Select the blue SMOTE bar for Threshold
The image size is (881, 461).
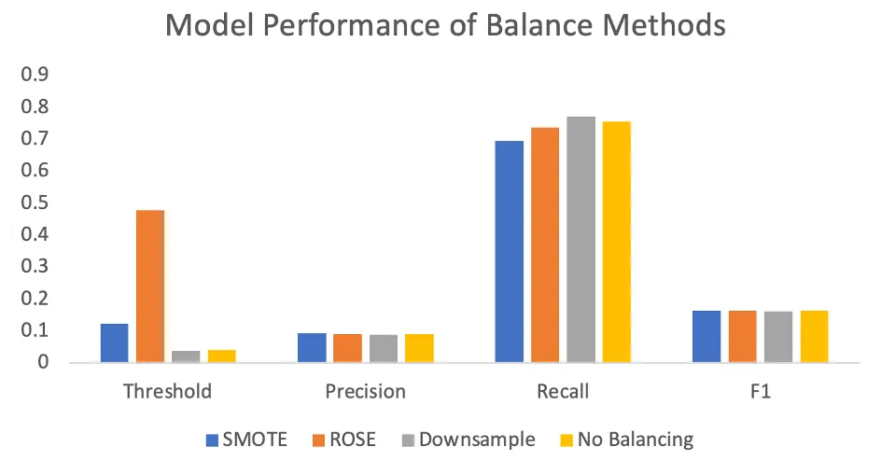[x=114, y=342]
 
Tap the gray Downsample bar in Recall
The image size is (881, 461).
[x=580, y=239]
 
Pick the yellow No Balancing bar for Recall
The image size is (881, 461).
[x=616, y=242]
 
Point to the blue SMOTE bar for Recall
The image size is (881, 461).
[x=509, y=251]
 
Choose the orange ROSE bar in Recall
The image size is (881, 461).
[x=545, y=244]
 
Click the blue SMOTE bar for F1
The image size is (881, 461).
[x=706, y=336]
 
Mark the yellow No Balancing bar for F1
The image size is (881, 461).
[x=814, y=336]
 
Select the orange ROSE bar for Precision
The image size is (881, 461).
[x=348, y=348]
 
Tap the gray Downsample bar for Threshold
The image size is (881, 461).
[x=186, y=356]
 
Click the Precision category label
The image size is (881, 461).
[x=366, y=392]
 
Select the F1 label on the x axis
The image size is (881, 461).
[x=760, y=392]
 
